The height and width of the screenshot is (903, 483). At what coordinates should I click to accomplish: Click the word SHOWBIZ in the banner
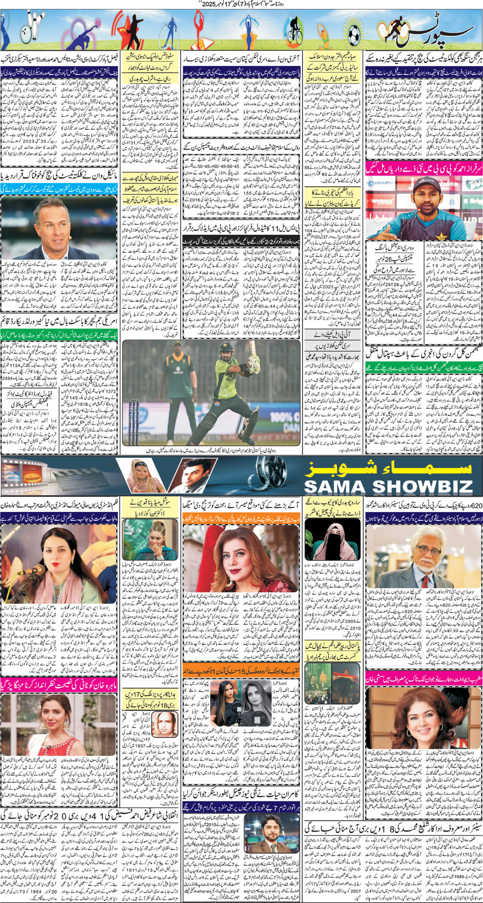pyautogui.click(x=423, y=486)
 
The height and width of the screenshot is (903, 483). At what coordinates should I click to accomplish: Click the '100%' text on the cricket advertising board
pyautogui.click(x=284, y=417)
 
